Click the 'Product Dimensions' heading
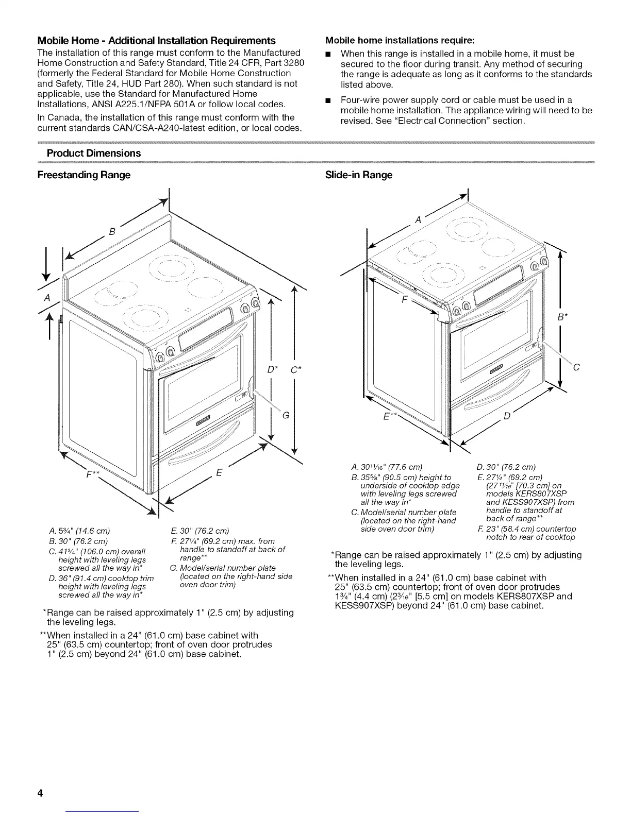pyautogui.click(x=93, y=154)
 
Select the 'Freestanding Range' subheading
pyautogui.click(x=84, y=175)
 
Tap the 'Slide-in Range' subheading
pyautogui.click(x=359, y=175)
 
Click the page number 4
pyautogui.click(x=39, y=793)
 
